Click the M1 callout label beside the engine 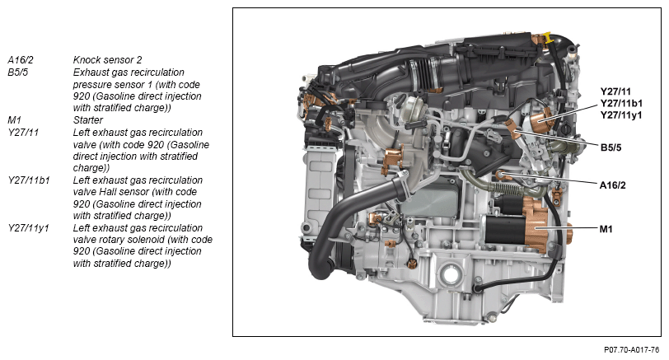point(606,229)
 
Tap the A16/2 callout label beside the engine point(612,185)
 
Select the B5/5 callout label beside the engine point(611,147)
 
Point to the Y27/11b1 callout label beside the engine point(621,103)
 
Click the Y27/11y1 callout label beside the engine point(621,115)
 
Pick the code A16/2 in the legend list point(21,60)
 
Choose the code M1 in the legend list point(14,119)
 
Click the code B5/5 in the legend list point(18,72)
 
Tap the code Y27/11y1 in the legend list point(28,227)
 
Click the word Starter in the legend point(88,119)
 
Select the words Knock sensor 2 point(107,60)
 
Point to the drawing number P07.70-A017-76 point(631,350)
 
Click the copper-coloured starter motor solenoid point(539,224)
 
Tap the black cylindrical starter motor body point(505,230)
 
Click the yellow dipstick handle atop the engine point(547,38)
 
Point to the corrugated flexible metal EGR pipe point(511,188)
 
